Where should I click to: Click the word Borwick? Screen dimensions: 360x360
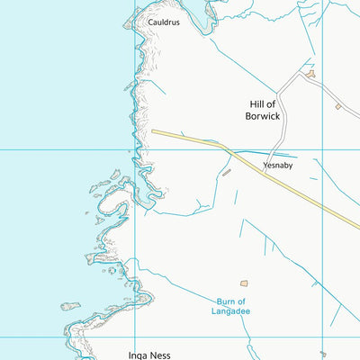point(264,117)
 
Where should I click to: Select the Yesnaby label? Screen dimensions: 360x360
point(278,166)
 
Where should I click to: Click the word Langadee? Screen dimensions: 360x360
point(233,311)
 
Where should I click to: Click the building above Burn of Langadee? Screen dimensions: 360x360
point(243,283)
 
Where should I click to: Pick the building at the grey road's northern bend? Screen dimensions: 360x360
point(310,75)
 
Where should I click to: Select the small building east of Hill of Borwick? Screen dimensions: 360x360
point(338,107)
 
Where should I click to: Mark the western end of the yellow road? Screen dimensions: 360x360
point(153,131)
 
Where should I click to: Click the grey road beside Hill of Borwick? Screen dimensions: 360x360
point(281,108)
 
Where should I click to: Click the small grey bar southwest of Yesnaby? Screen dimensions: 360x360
point(227,172)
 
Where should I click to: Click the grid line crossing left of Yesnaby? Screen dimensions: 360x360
point(135,149)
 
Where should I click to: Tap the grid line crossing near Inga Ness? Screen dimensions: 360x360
point(135,337)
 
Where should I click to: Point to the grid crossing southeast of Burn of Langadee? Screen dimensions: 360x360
point(322,337)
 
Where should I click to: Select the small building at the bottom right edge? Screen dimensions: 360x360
point(323,354)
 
